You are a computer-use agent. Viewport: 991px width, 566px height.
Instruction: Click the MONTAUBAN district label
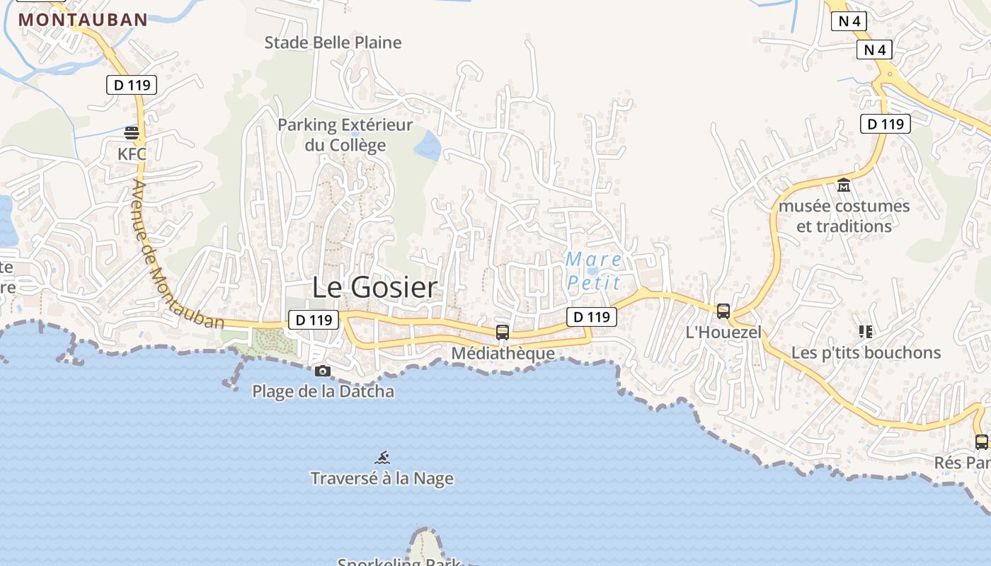(x=83, y=20)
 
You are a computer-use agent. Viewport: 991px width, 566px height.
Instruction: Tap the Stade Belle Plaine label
(x=333, y=42)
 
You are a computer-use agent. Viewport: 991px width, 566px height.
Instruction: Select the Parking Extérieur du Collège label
(x=345, y=135)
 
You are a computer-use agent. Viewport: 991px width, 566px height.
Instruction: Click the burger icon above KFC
(x=132, y=132)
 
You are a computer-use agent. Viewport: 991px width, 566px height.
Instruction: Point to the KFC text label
(x=132, y=154)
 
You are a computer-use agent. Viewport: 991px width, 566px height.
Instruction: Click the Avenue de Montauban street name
(x=177, y=255)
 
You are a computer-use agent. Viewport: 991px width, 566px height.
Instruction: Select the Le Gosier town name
(x=375, y=287)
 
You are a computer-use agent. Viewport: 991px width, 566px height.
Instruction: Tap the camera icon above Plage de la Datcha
(x=323, y=371)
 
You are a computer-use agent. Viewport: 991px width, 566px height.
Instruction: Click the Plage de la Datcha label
(x=323, y=391)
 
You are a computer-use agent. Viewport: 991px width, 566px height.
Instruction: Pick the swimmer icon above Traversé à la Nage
(x=382, y=458)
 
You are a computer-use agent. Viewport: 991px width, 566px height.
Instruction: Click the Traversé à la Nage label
(x=382, y=479)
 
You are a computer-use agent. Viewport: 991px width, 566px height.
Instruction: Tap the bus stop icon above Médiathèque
(x=503, y=332)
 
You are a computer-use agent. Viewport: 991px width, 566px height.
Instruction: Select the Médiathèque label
(x=503, y=353)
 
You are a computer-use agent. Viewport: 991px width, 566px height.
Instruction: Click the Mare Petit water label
(x=593, y=271)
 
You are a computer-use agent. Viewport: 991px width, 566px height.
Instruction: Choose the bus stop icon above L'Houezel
(x=723, y=311)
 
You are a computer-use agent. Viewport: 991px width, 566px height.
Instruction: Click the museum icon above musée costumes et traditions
(x=844, y=185)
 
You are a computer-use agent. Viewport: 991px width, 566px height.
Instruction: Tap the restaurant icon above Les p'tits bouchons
(x=865, y=331)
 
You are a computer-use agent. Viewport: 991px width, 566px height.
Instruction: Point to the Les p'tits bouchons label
(x=866, y=352)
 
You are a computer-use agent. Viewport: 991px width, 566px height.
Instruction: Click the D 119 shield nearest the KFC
(x=132, y=85)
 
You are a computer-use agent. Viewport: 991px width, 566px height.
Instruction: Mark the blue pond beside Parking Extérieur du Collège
(x=427, y=146)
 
